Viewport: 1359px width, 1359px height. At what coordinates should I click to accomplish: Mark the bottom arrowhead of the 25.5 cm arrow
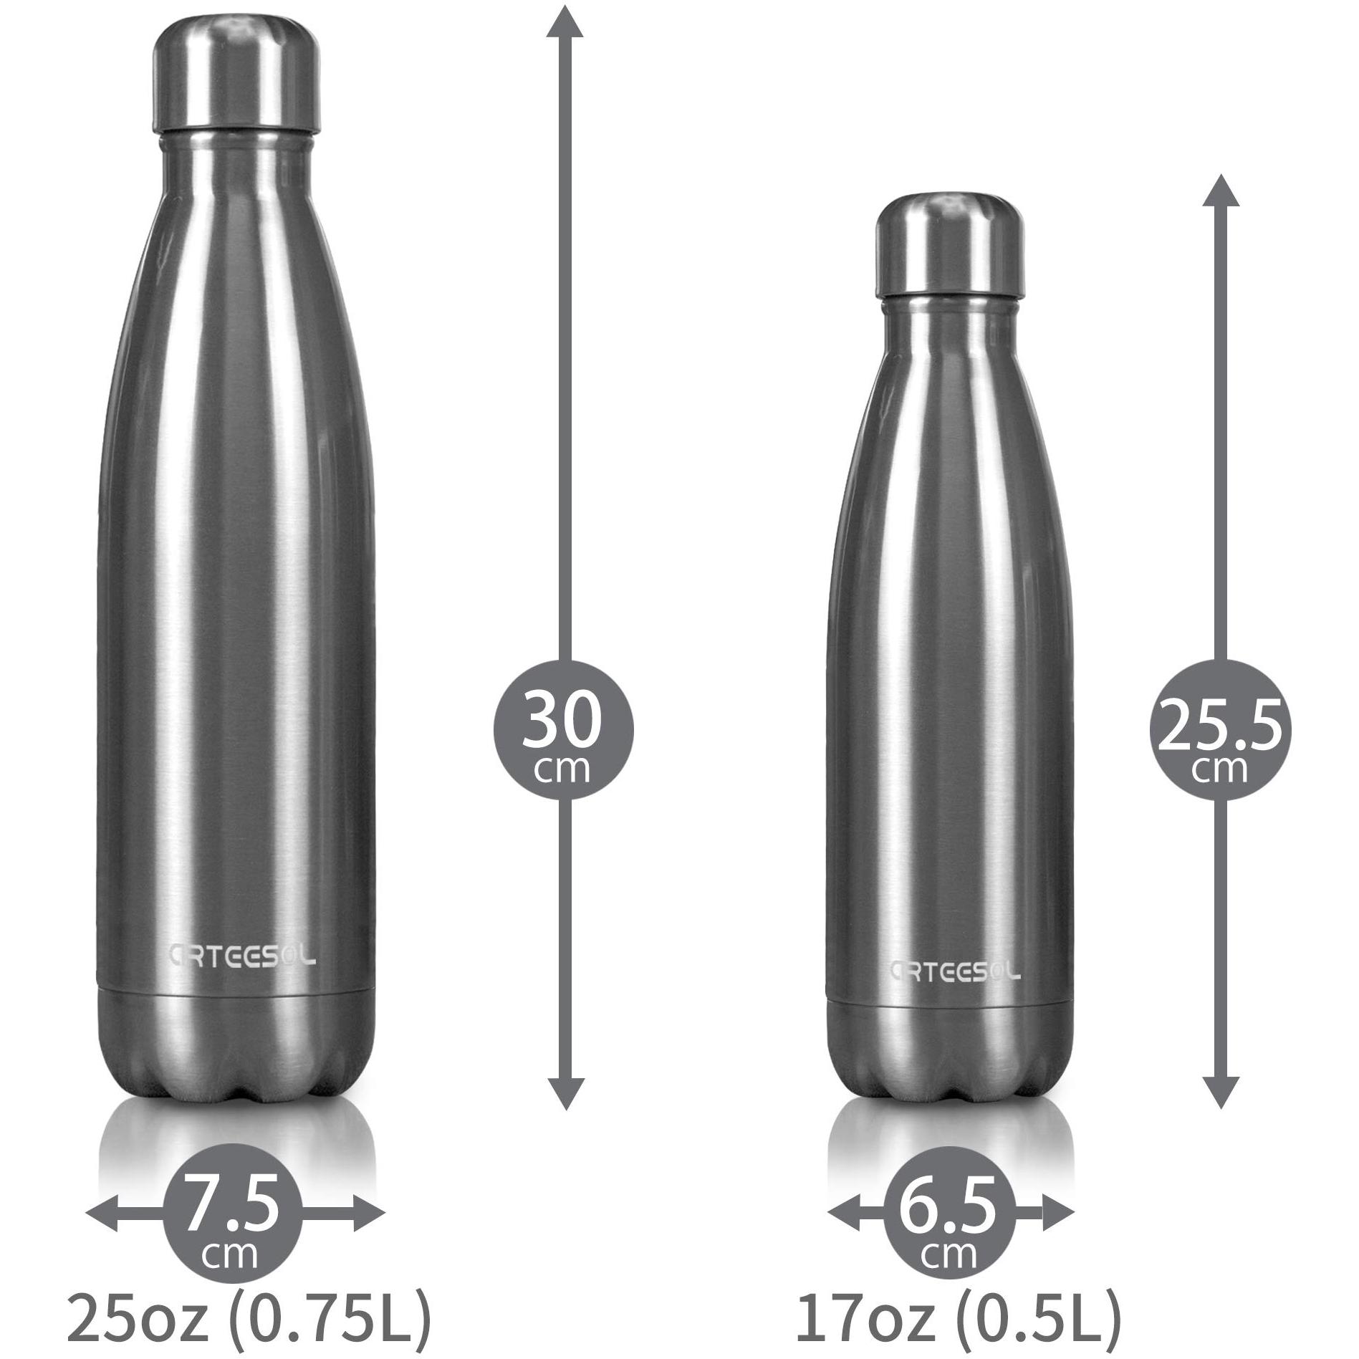pos(1220,1089)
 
